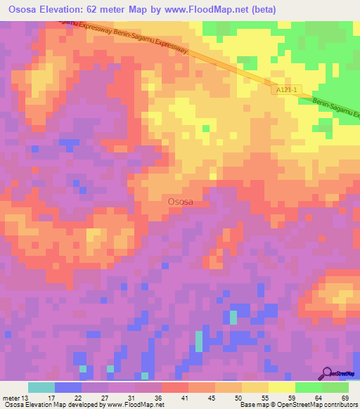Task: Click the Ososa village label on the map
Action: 181,202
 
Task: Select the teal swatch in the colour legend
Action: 41,387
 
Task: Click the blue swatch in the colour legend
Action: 67,387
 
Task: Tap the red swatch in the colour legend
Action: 174,387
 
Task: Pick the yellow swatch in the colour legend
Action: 255,387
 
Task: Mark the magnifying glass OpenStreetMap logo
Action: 327,374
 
